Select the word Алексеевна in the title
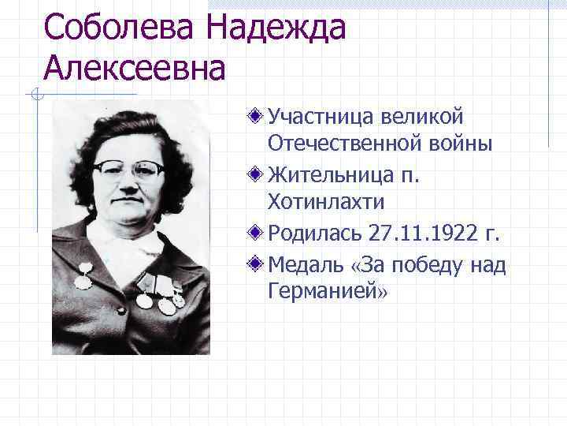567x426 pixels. coord(135,69)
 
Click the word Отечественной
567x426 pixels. coord(348,145)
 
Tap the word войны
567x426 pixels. coord(465,145)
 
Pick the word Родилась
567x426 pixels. coord(315,233)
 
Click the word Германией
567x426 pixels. coord(324,291)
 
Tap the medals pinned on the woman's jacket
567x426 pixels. coord(158,293)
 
